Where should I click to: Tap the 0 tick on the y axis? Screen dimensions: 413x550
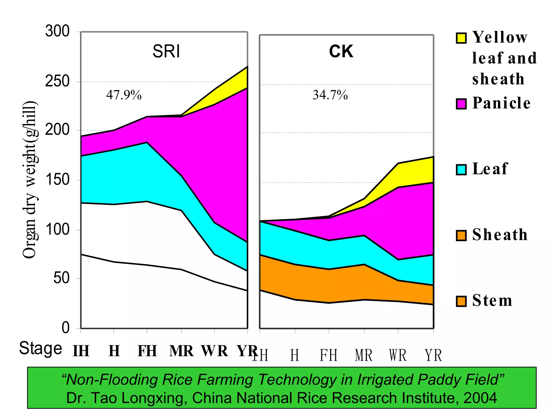pos(66,328)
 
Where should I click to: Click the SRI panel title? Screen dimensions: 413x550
pos(166,51)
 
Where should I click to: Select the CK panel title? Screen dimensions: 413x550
pos(341,51)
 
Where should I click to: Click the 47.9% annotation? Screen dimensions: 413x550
pos(124,95)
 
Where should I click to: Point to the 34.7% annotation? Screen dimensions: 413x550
pos(330,95)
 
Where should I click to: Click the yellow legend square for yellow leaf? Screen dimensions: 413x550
pos(461,38)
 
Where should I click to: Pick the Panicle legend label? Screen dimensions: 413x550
pos(501,103)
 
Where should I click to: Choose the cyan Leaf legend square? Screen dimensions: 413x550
pos(461,170)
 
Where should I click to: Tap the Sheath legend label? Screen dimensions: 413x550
pos(500,235)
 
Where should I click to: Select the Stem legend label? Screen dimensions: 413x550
pos(492,301)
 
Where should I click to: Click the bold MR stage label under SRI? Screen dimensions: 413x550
pos(181,351)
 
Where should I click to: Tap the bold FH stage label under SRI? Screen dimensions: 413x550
pos(147,351)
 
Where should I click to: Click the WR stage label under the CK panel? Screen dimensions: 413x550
pos(398,355)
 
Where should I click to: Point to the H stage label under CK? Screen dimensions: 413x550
pos(295,355)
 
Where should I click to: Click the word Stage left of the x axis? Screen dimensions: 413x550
pos(41,348)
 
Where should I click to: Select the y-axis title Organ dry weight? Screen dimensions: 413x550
pos(30,180)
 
